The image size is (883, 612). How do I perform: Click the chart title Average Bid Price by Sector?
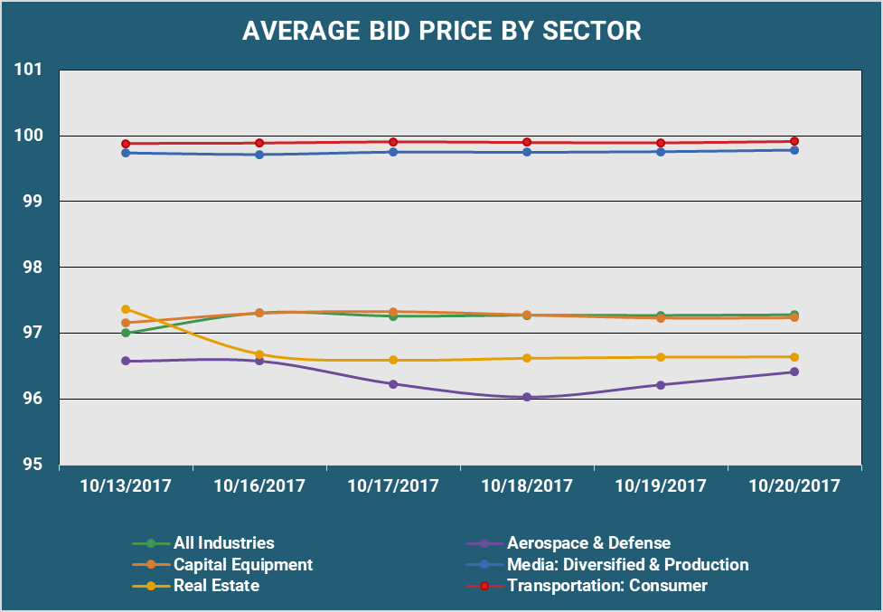pyautogui.click(x=441, y=31)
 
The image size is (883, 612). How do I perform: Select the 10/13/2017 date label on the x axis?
pyautogui.click(x=125, y=486)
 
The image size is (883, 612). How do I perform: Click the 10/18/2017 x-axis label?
pyautogui.click(x=527, y=486)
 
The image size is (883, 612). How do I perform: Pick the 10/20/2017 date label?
pyautogui.click(x=794, y=486)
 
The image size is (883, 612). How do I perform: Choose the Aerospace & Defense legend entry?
pyautogui.click(x=588, y=543)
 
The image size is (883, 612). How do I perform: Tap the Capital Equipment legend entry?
pyautogui.click(x=242, y=564)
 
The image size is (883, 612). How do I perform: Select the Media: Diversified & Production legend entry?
pyautogui.click(x=627, y=564)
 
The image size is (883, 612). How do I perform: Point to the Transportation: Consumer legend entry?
pyautogui.click(x=606, y=585)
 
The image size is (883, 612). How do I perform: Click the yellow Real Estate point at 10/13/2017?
pyautogui.click(x=126, y=309)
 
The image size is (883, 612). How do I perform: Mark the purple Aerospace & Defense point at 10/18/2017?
pyautogui.click(x=527, y=397)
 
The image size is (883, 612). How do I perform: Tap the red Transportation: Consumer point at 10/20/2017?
pyautogui.click(x=794, y=141)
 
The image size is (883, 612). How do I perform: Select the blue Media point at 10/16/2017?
pyautogui.click(x=259, y=155)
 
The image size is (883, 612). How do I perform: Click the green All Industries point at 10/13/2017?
pyautogui.click(x=126, y=333)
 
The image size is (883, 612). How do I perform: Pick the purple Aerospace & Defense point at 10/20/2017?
pyautogui.click(x=794, y=372)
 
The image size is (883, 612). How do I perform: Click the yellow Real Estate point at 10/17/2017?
pyautogui.click(x=393, y=360)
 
